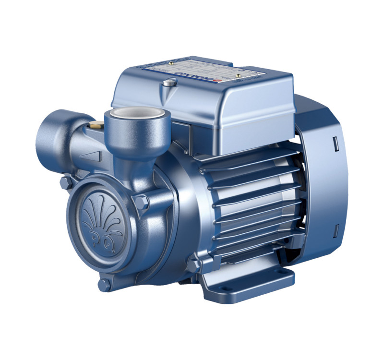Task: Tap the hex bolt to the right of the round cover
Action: point(141,202)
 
